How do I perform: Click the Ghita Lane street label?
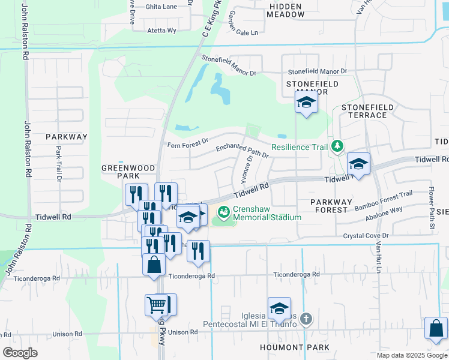click(161, 7)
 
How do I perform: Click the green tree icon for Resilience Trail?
click(337, 146)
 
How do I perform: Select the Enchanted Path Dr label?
click(242, 151)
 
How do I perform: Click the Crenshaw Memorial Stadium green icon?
click(224, 212)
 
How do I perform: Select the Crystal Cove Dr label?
click(366, 236)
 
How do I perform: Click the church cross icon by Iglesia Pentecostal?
click(306, 318)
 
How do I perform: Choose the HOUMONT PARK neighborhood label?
click(295, 347)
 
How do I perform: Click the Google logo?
click(20, 352)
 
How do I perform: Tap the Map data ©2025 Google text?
click(411, 355)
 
